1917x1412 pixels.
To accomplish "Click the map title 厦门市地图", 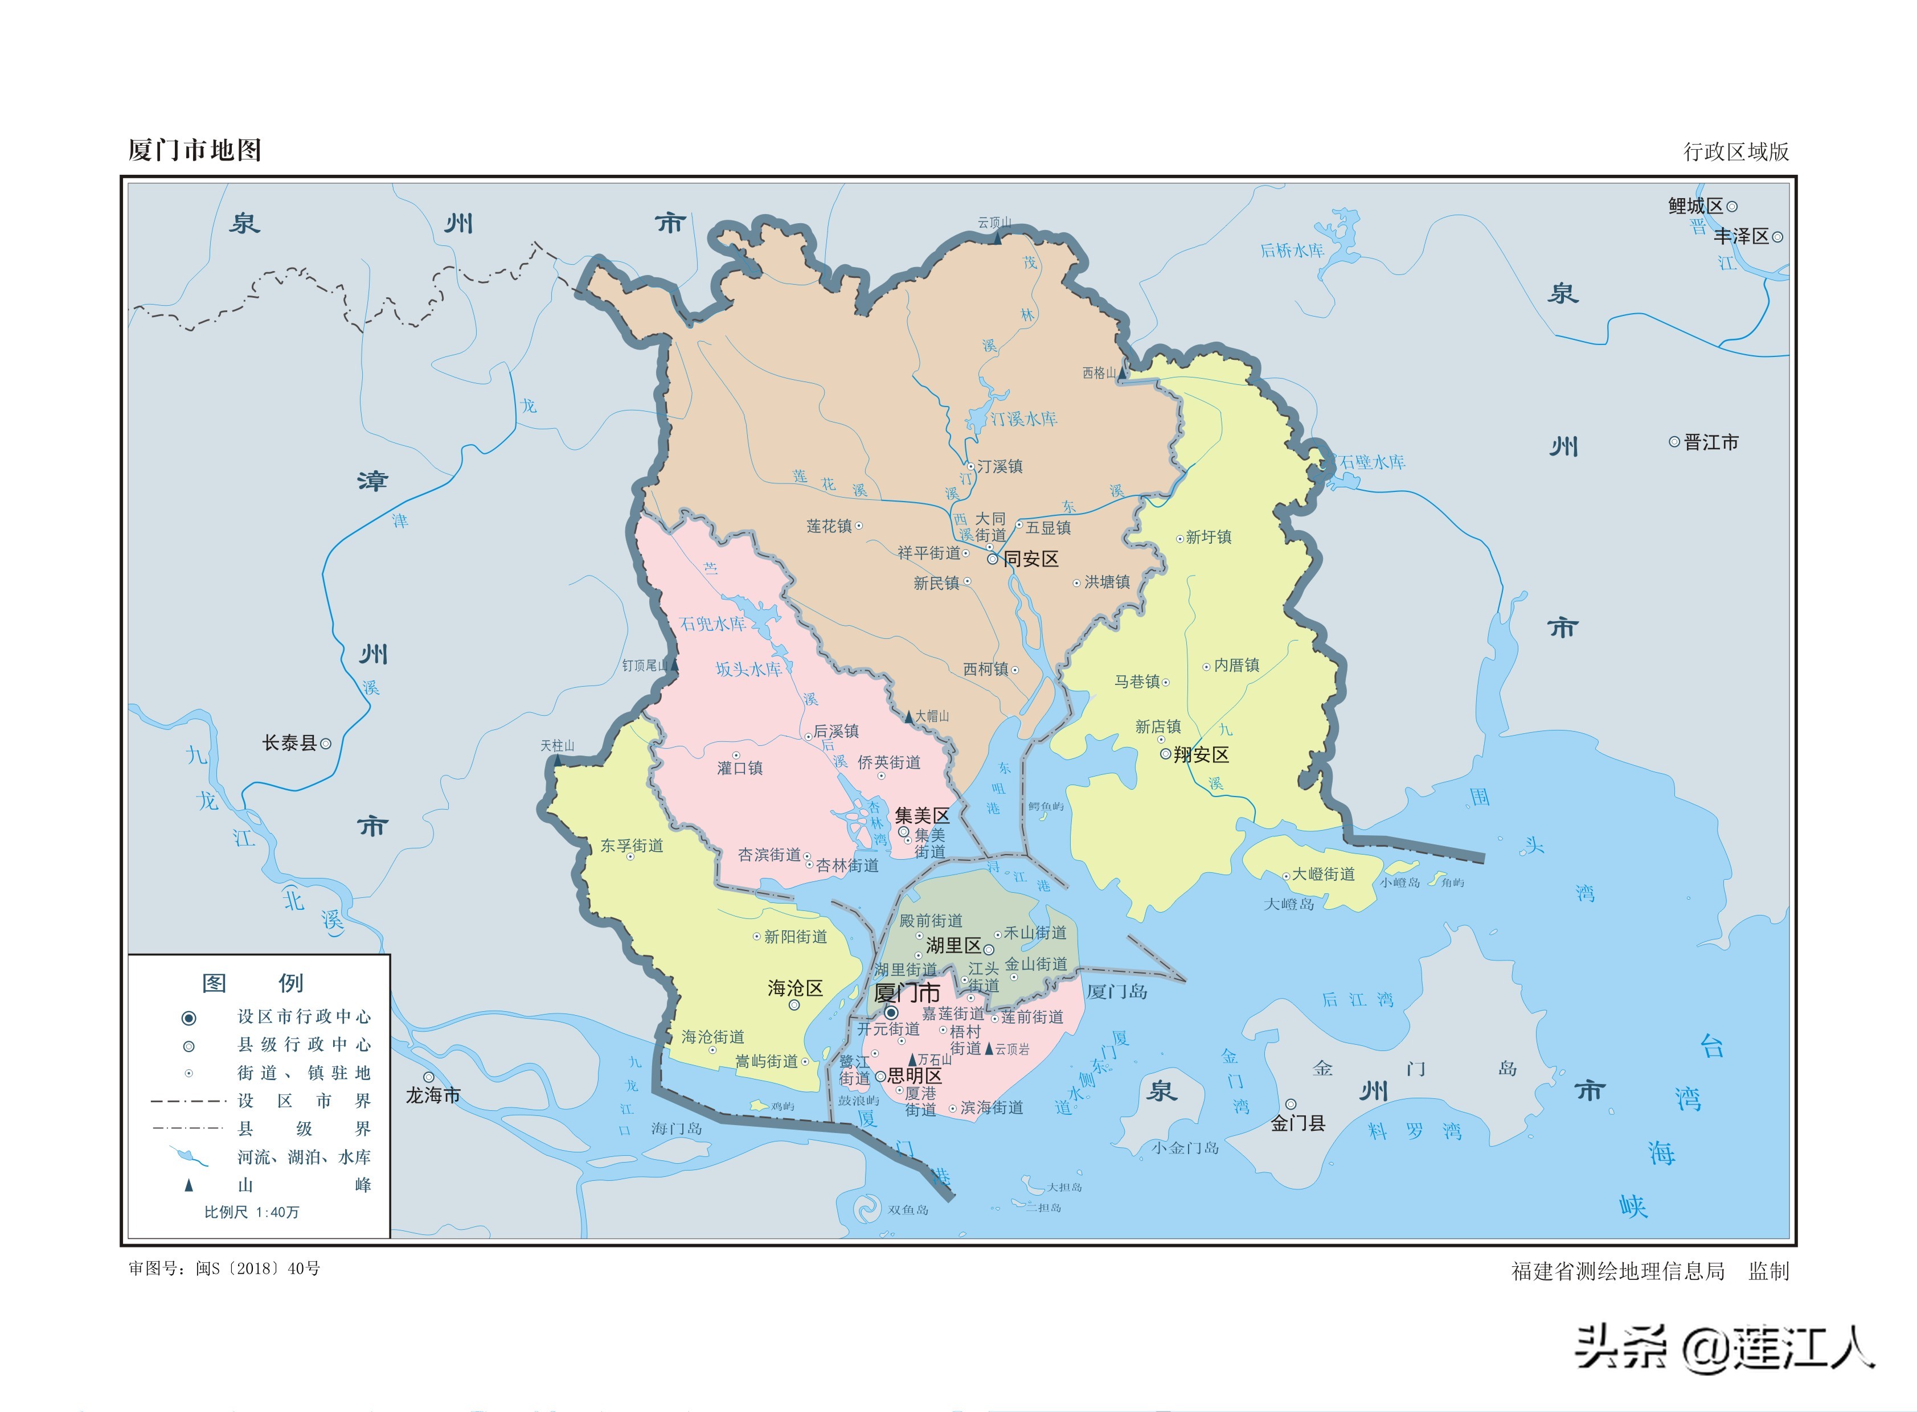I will pos(194,150).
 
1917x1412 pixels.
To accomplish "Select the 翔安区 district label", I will pos(1201,755).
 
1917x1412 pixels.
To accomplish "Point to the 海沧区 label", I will pos(794,988).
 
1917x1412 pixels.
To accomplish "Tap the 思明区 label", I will pos(914,1076).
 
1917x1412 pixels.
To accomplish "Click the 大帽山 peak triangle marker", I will pos(909,718).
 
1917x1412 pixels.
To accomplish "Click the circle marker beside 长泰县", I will pos(326,744).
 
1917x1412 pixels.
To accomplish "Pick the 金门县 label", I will pos(1297,1123).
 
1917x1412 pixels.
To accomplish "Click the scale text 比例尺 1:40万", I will pos(251,1212).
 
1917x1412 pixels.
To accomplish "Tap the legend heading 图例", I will pos(252,983).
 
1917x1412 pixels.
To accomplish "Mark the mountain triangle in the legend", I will pos(189,1185).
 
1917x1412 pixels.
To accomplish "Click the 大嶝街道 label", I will pos(1323,875).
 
